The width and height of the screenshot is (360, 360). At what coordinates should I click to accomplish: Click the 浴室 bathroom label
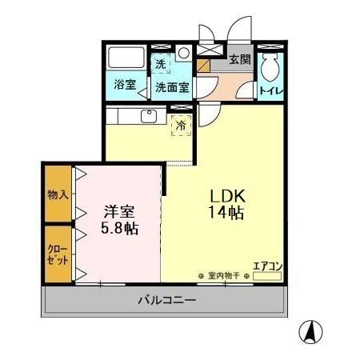123,84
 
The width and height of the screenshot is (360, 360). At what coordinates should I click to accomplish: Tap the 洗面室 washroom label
171,87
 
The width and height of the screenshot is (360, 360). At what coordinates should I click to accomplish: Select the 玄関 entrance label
239,60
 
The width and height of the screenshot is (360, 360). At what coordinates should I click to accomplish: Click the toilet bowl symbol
269,66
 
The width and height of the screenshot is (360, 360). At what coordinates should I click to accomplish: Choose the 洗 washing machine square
161,64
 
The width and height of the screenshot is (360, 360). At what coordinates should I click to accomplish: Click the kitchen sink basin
148,116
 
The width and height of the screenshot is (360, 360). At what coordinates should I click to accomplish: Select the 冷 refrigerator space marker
181,126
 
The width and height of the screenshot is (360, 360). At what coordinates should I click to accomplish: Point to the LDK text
232,196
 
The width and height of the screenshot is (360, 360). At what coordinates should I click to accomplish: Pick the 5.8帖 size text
120,229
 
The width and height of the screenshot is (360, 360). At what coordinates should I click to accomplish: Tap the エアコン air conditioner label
266,266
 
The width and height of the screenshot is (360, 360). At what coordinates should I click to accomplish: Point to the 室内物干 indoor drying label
224,276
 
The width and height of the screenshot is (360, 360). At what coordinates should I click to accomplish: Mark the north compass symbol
310,330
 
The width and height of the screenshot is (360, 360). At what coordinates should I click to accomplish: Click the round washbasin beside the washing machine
184,54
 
